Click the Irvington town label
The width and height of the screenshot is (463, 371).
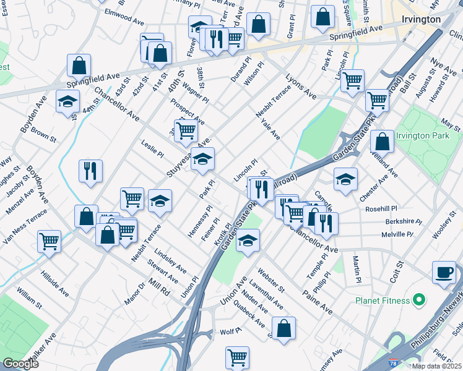pos(420,19)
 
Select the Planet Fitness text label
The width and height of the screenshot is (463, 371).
pos(382,301)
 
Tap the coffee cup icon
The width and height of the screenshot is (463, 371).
pos(444,272)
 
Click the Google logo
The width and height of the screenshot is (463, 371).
pos(20,363)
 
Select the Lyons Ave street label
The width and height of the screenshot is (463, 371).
pos(301,88)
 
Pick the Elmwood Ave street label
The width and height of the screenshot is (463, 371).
pos(124,17)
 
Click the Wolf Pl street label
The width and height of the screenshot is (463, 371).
pos(230,332)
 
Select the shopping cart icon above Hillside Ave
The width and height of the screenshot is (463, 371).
pos(50,241)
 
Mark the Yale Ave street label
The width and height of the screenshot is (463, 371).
pos(270,129)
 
